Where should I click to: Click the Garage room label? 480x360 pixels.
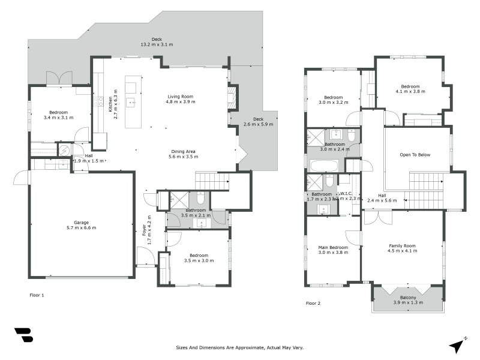(81, 222)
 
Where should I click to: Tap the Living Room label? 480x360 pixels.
(180, 96)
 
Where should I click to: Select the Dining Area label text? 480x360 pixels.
(182, 151)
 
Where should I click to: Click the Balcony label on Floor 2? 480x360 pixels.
(408, 298)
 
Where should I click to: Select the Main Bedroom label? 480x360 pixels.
(333, 247)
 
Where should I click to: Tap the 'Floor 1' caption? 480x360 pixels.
(37, 295)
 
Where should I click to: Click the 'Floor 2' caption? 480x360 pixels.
(313, 304)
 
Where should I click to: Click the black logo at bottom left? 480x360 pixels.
(23, 335)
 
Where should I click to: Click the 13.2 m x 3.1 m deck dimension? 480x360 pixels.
(140, 44)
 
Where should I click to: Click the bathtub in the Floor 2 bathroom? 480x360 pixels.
(324, 165)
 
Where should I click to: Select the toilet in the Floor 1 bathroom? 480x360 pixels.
(201, 197)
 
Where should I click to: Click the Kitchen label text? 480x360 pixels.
(110, 106)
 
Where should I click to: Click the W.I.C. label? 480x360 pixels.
(346, 194)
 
